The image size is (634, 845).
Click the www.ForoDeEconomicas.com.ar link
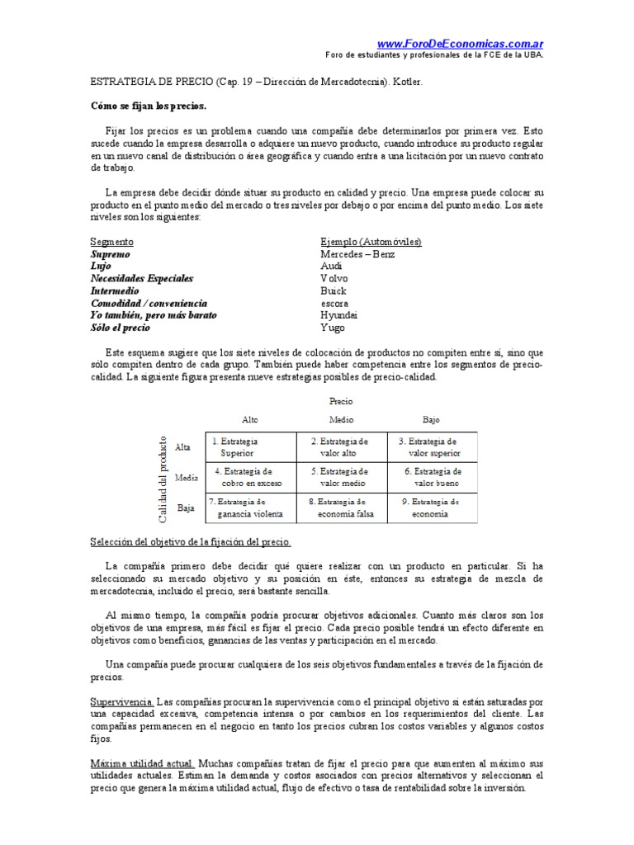tap(460, 44)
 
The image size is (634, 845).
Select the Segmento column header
tap(111, 242)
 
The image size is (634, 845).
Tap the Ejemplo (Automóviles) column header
tap(371, 242)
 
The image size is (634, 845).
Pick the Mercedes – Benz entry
tap(357, 254)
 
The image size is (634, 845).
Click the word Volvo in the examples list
tap(335, 279)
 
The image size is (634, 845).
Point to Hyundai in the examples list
tap(339, 315)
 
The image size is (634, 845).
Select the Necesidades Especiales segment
tap(141, 279)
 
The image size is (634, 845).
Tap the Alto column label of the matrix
tap(249, 419)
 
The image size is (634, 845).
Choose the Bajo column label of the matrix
tap(432, 419)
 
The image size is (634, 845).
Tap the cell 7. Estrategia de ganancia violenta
tap(248, 507)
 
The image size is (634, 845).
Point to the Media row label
tap(186, 478)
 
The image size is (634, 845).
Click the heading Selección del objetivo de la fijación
tap(190, 541)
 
